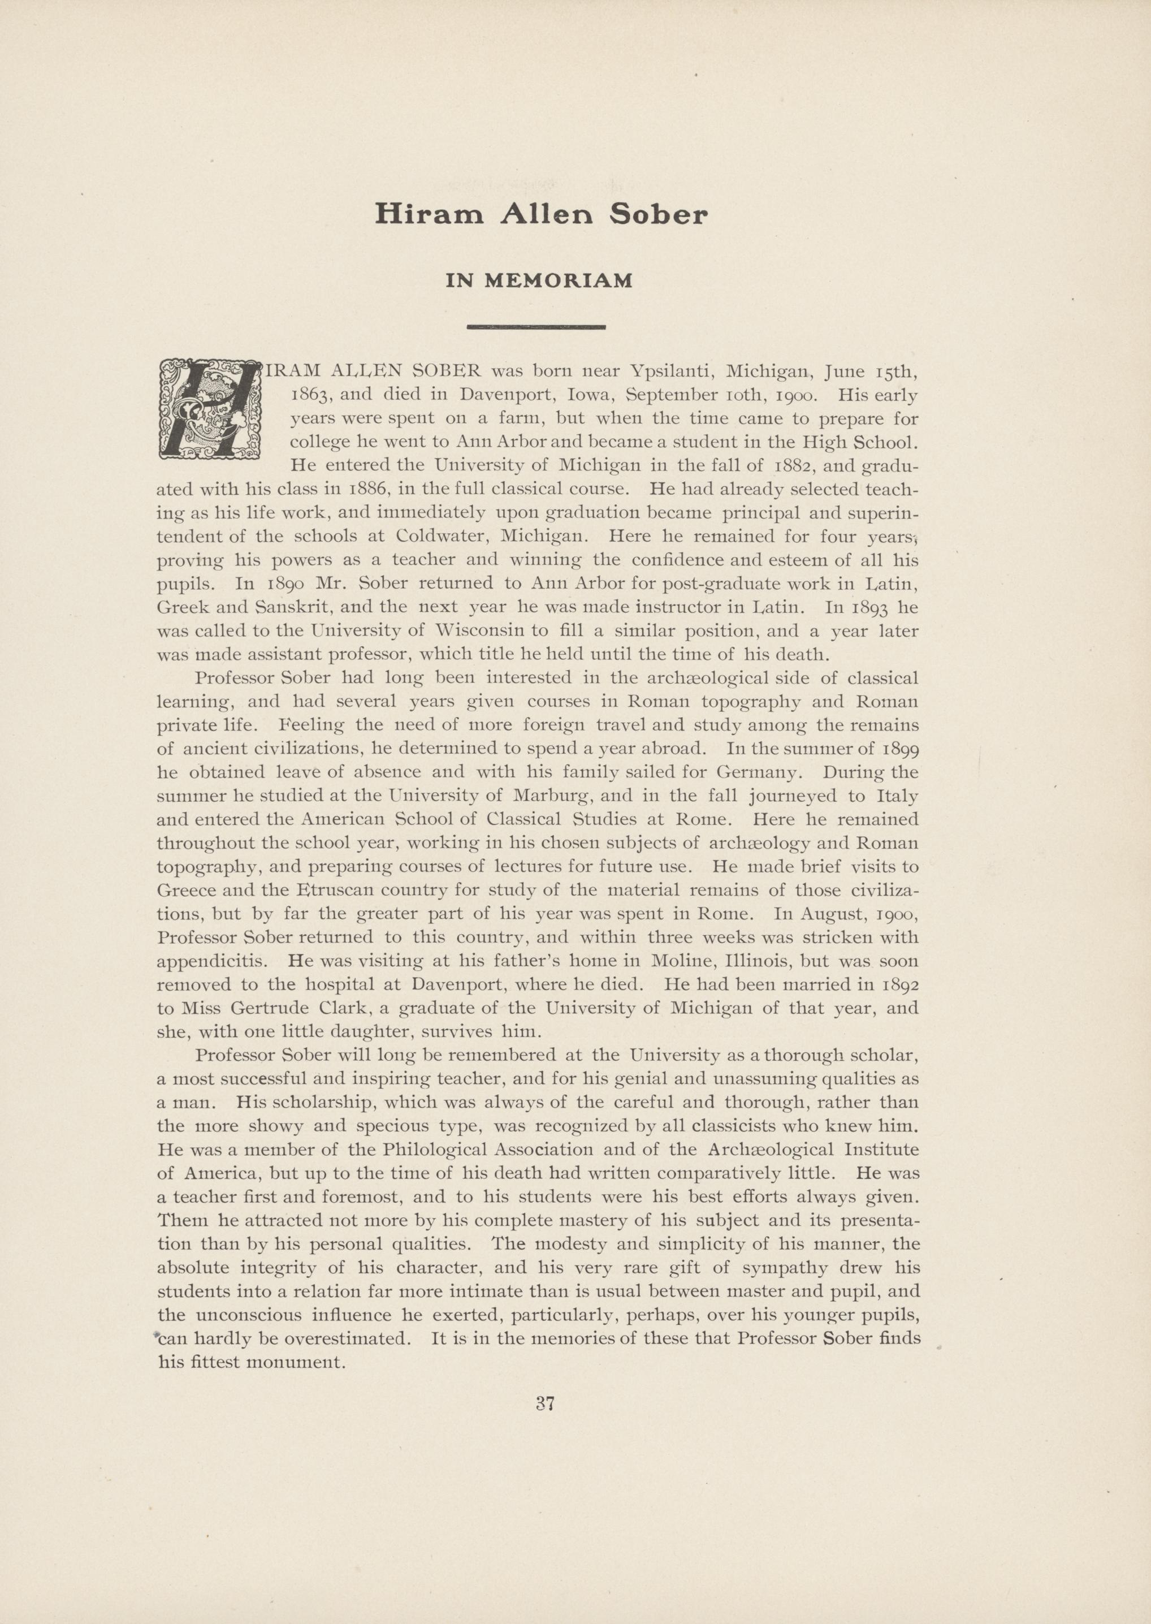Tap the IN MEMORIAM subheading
click(x=539, y=282)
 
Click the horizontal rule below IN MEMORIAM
click(x=536, y=327)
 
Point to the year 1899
click(x=900, y=749)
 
